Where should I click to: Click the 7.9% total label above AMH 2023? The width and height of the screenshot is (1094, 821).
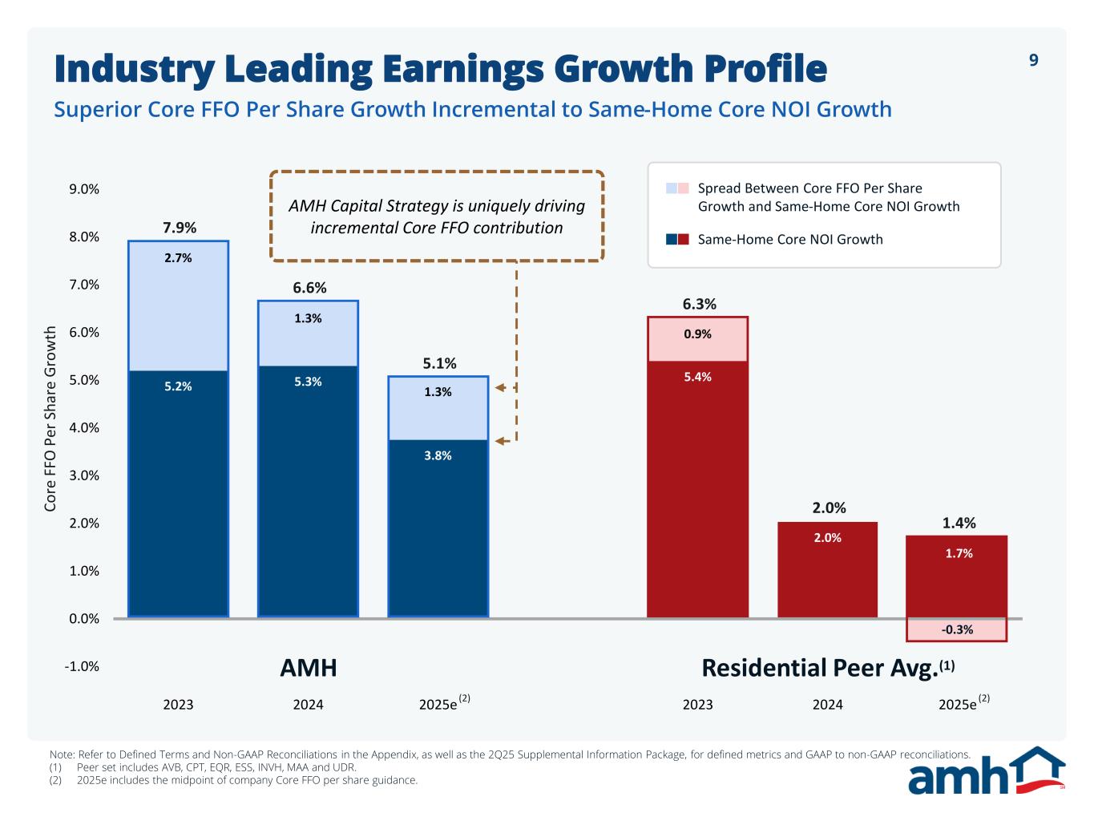coord(180,228)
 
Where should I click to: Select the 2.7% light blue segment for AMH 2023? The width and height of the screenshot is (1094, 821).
coord(178,305)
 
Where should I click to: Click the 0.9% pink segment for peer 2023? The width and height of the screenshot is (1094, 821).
coord(697,339)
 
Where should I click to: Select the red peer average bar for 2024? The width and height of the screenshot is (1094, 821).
coord(827,569)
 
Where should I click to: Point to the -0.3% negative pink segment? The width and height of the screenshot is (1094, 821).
coord(957,630)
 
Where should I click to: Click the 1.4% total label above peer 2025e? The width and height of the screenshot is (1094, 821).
coord(959,523)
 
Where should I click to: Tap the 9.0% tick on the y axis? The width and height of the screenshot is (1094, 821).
coord(84,189)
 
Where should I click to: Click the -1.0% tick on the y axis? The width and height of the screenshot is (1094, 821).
coord(83,666)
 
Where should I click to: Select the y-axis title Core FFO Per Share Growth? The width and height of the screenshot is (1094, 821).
coord(50,419)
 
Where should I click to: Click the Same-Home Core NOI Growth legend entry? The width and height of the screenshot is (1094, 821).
coord(789,239)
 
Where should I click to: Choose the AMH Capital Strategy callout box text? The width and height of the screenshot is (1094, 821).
coord(437,216)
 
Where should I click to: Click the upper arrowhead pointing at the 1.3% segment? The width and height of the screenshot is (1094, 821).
coord(499,387)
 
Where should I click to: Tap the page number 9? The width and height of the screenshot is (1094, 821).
coord(1033,60)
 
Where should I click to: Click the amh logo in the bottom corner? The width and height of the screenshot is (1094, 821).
coord(986,770)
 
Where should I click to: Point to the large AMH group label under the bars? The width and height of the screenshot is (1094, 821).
coord(308,668)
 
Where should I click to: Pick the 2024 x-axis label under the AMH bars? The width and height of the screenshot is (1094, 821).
coord(308,705)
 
